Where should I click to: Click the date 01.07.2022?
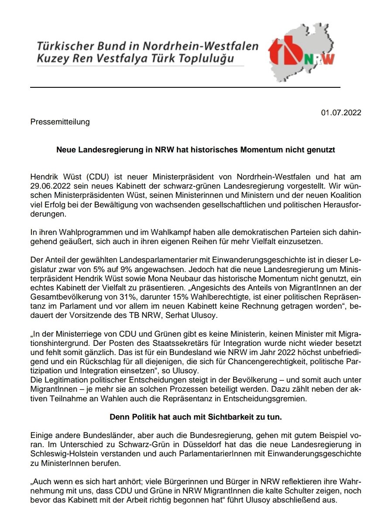coord(341,113)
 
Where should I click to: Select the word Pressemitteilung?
coord(60,122)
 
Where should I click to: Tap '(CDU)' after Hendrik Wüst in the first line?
coord(101,178)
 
